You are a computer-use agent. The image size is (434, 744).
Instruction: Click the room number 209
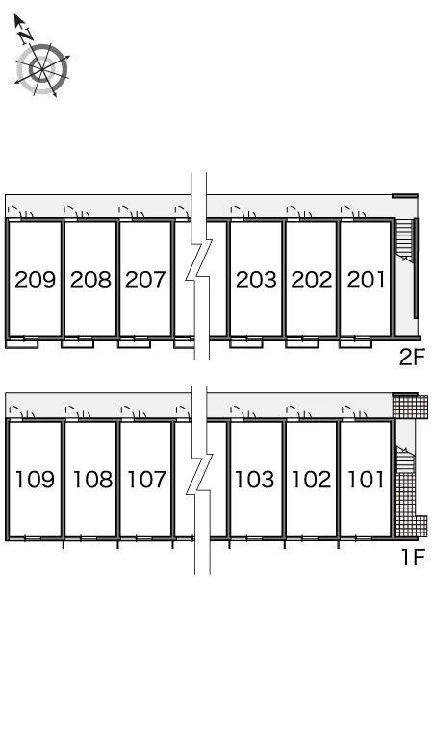(36, 280)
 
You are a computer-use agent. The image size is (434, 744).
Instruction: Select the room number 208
(90, 280)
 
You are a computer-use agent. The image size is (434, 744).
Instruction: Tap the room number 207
(145, 280)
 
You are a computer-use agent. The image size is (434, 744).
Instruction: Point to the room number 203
(256, 280)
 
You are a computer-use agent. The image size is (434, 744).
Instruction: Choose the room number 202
(312, 280)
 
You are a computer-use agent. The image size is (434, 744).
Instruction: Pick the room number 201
(366, 280)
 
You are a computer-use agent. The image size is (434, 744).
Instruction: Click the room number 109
(36, 480)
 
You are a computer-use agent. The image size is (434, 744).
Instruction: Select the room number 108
(92, 480)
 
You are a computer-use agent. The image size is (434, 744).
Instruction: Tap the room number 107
(146, 480)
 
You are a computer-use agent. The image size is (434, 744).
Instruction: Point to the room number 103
(255, 480)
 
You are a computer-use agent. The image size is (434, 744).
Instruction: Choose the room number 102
(311, 480)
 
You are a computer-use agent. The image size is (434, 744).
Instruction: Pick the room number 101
(366, 480)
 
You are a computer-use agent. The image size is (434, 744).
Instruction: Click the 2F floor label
(411, 358)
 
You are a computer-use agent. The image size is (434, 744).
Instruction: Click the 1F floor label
(413, 558)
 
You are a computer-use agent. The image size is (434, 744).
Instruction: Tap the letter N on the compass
(27, 35)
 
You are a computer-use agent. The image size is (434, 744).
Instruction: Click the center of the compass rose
(42, 70)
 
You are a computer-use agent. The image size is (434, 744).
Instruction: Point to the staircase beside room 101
(404, 459)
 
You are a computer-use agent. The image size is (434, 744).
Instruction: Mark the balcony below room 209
(22, 342)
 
